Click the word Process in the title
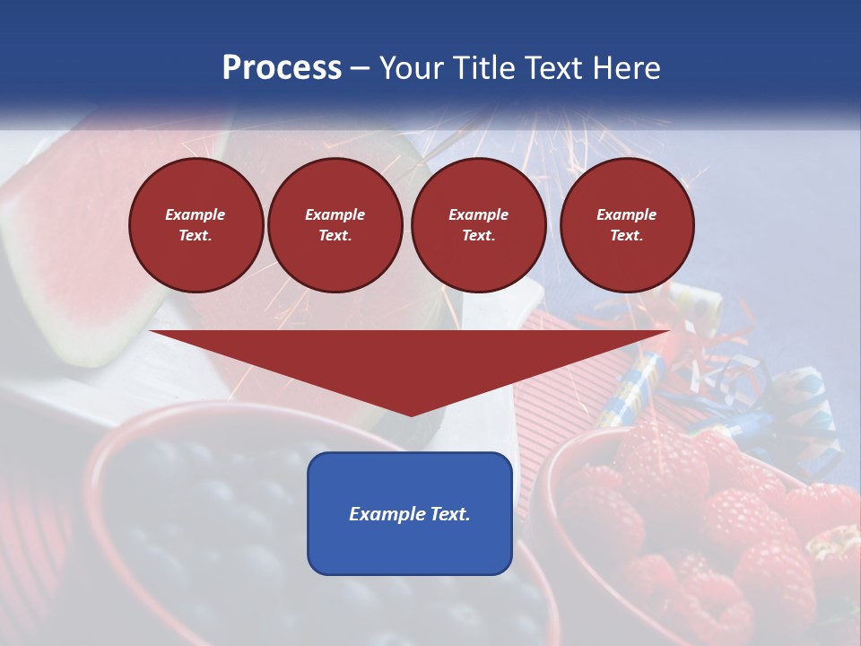tap(282, 68)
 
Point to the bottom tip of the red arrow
tap(411, 415)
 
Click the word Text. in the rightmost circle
tap(626, 235)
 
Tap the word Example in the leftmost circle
tap(196, 214)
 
